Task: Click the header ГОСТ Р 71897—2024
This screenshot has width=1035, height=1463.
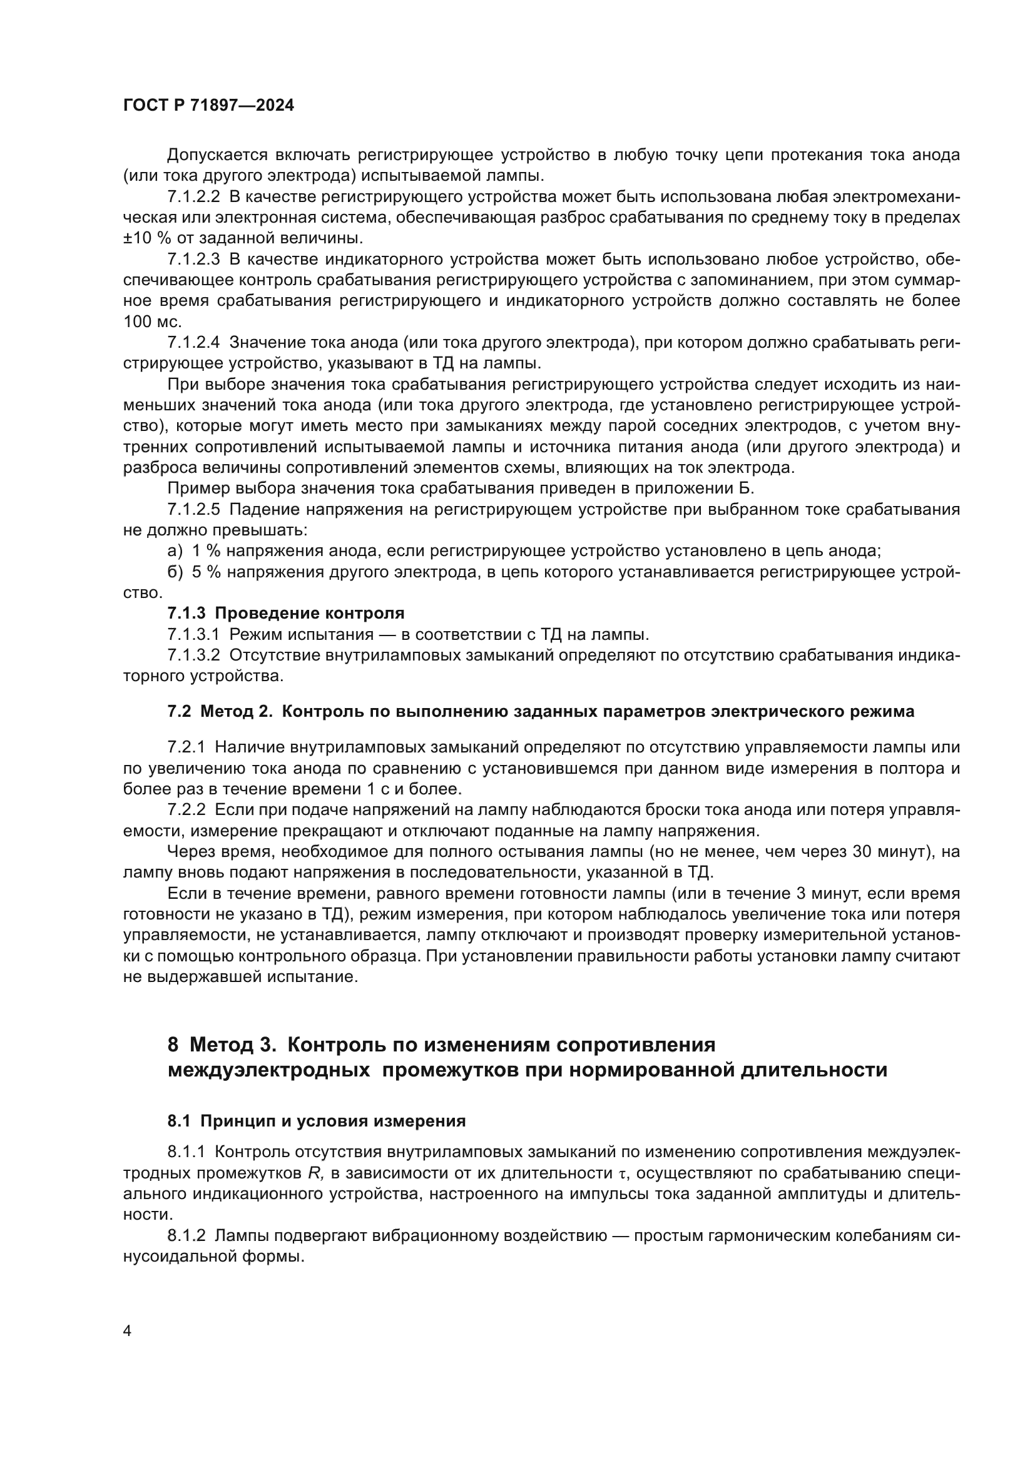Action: (208, 106)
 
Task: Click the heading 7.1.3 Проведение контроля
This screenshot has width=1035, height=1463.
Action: (285, 614)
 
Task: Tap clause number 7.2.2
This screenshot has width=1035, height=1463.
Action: (186, 810)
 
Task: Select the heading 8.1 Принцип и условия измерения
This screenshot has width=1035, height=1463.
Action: (316, 1121)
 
